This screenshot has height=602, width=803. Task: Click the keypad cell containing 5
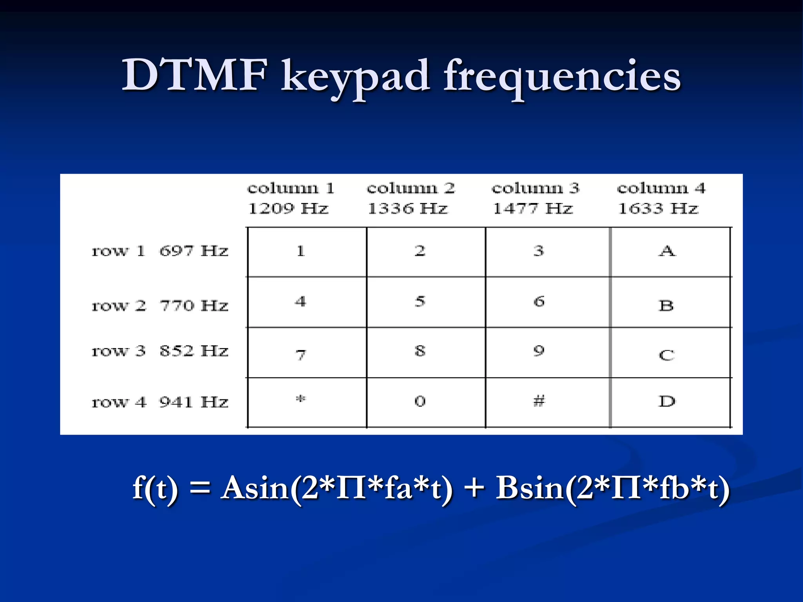[x=420, y=301]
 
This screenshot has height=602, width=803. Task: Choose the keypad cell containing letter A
[x=667, y=251]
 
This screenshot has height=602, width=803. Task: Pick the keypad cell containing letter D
[x=667, y=401]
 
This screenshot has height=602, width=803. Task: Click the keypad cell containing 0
[x=420, y=401]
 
